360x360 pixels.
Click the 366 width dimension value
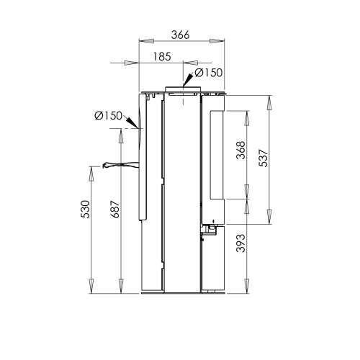[180, 35]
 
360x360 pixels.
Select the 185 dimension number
[162, 57]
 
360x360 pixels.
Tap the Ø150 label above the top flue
[209, 73]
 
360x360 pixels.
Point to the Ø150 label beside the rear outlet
[109, 116]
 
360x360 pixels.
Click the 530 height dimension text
[86, 210]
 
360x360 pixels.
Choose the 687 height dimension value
[115, 210]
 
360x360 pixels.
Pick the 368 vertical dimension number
[241, 150]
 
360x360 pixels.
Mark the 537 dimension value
[264, 158]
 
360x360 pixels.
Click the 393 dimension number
[241, 243]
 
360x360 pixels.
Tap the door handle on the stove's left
[120, 165]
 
